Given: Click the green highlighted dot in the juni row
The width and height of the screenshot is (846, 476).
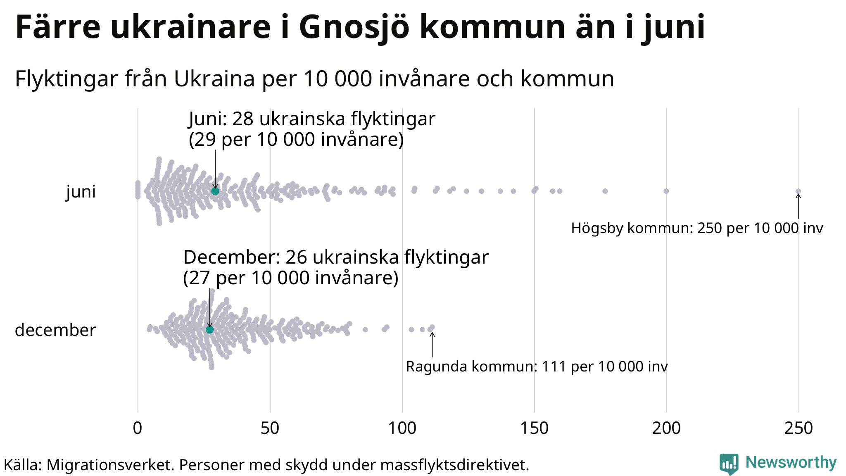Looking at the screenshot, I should (x=215, y=191).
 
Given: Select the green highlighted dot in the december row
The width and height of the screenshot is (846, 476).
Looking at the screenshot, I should (x=209, y=329).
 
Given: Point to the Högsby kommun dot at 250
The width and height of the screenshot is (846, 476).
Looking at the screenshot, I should (x=798, y=191).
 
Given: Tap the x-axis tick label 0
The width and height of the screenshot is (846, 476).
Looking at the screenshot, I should (x=138, y=428).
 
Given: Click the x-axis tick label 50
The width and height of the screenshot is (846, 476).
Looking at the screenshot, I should (x=270, y=428).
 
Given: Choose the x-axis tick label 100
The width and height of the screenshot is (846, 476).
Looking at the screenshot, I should (x=402, y=428).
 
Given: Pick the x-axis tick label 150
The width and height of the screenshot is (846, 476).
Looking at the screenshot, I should (x=534, y=428).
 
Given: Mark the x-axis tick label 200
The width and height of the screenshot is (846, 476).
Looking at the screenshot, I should (x=666, y=428).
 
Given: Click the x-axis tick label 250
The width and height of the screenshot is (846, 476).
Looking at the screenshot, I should (x=798, y=428).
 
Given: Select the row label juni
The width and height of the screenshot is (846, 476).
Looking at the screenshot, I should (x=81, y=192).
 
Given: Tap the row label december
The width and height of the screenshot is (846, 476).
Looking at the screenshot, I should (x=55, y=330).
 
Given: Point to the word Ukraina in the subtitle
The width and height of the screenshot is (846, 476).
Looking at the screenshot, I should (x=214, y=79).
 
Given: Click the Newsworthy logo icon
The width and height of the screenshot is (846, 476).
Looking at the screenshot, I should (x=729, y=464).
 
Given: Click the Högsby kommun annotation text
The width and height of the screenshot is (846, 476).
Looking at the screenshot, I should (x=697, y=228).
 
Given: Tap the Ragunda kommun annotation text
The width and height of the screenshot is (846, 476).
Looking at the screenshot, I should (x=537, y=367).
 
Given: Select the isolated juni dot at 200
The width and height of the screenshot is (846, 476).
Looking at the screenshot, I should (x=666, y=191).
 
